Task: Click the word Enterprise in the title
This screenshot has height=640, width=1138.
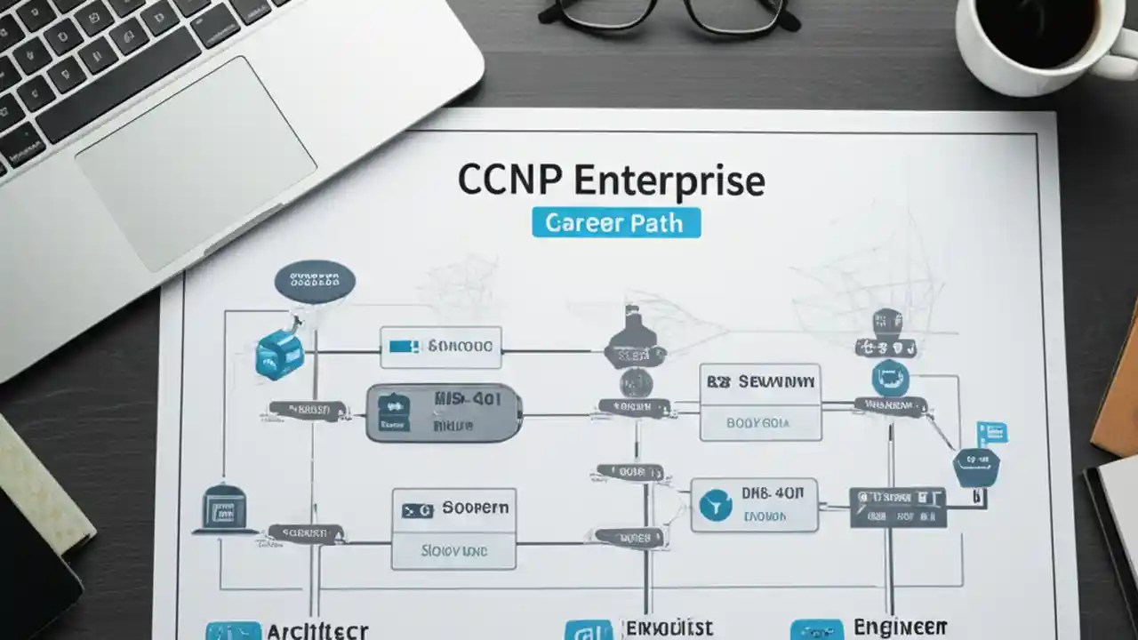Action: (669, 180)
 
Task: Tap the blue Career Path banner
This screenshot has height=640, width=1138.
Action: (615, 222)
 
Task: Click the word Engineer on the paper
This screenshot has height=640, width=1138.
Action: (900, 627)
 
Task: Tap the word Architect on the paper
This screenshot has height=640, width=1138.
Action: (317, 630)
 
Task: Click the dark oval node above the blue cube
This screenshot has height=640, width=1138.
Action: (315, 282)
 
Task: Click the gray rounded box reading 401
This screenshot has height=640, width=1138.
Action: (444, 413)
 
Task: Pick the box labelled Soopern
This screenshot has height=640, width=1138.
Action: (454, 528)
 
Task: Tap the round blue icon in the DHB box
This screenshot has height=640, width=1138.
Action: (715, 506)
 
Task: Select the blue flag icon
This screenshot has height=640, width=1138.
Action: (991, 433)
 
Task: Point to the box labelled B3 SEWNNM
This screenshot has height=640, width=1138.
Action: (760, 402)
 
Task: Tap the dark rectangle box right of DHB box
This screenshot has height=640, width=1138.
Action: (897, 507)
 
